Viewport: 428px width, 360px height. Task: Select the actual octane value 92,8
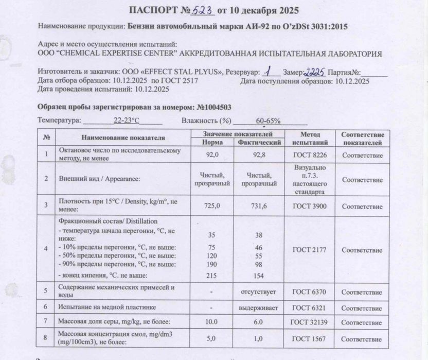click(259, 155)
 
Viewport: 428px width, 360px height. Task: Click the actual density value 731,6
click(259, 205)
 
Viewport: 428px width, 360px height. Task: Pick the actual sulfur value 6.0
click(259, 321)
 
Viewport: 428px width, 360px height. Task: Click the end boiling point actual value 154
click(259, 276)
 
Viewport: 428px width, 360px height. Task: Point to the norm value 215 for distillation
click(211, 276)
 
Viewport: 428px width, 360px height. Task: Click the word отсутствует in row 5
click(259, 292)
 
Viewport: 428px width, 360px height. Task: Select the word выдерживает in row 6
click(259, 307)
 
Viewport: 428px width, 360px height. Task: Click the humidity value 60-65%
click(267, 121)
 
